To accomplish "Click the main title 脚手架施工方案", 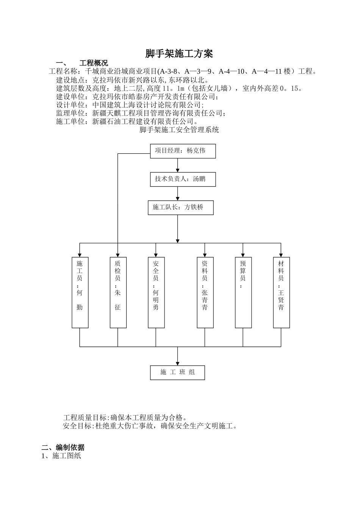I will click(x=179, y=54).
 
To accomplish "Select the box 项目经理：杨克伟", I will click(x=183, y=151).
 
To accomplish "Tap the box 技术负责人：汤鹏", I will click(x=183, y=179).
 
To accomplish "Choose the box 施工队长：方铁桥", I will click(x=180, y=208).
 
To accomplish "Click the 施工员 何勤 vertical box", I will click(x=80, y=292).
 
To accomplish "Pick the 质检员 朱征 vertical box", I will click(x=118, y=292).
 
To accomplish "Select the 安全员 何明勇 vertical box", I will click(x=156, y=292).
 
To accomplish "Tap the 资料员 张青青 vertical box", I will click(x=205, y=292).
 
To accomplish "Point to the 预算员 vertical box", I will click(x=243, y=292).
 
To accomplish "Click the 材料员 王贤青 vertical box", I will click(x=281, y=292).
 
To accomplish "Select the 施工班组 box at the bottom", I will click(x=177, y=373).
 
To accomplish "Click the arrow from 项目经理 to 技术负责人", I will click(x=178, y=166).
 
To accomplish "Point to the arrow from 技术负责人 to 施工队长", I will click(x=178, y=194).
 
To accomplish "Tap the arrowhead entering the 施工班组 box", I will click(x=178, y=363).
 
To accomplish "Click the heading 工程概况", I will click(x=94, y=63).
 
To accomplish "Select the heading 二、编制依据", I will click(x=63, y=447).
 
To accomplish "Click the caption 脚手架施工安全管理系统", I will click(x=179, y=130).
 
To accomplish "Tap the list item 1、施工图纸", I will click(x=61, y=456).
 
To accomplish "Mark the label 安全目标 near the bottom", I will click(x=77, y=426).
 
